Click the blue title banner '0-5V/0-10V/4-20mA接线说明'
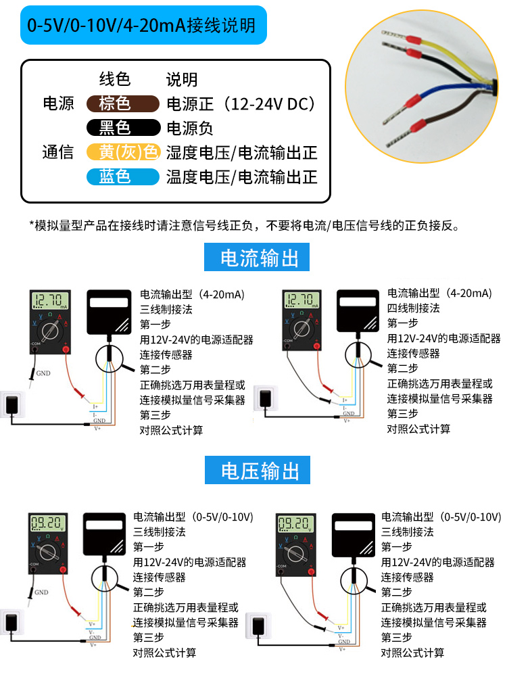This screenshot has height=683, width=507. click(141, 26)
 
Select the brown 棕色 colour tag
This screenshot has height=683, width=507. click(118, 103)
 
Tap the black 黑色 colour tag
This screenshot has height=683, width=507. click(118, 127)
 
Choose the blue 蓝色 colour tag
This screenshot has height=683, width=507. click(118, 176)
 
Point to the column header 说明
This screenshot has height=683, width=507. click(182, 79)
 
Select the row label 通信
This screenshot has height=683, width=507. click(58, 152)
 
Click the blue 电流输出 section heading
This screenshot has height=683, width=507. click(260, 258)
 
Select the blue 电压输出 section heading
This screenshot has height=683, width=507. click(260, 469)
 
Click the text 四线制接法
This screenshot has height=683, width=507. click(413, 308)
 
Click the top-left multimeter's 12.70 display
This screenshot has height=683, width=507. click(49, 300)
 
